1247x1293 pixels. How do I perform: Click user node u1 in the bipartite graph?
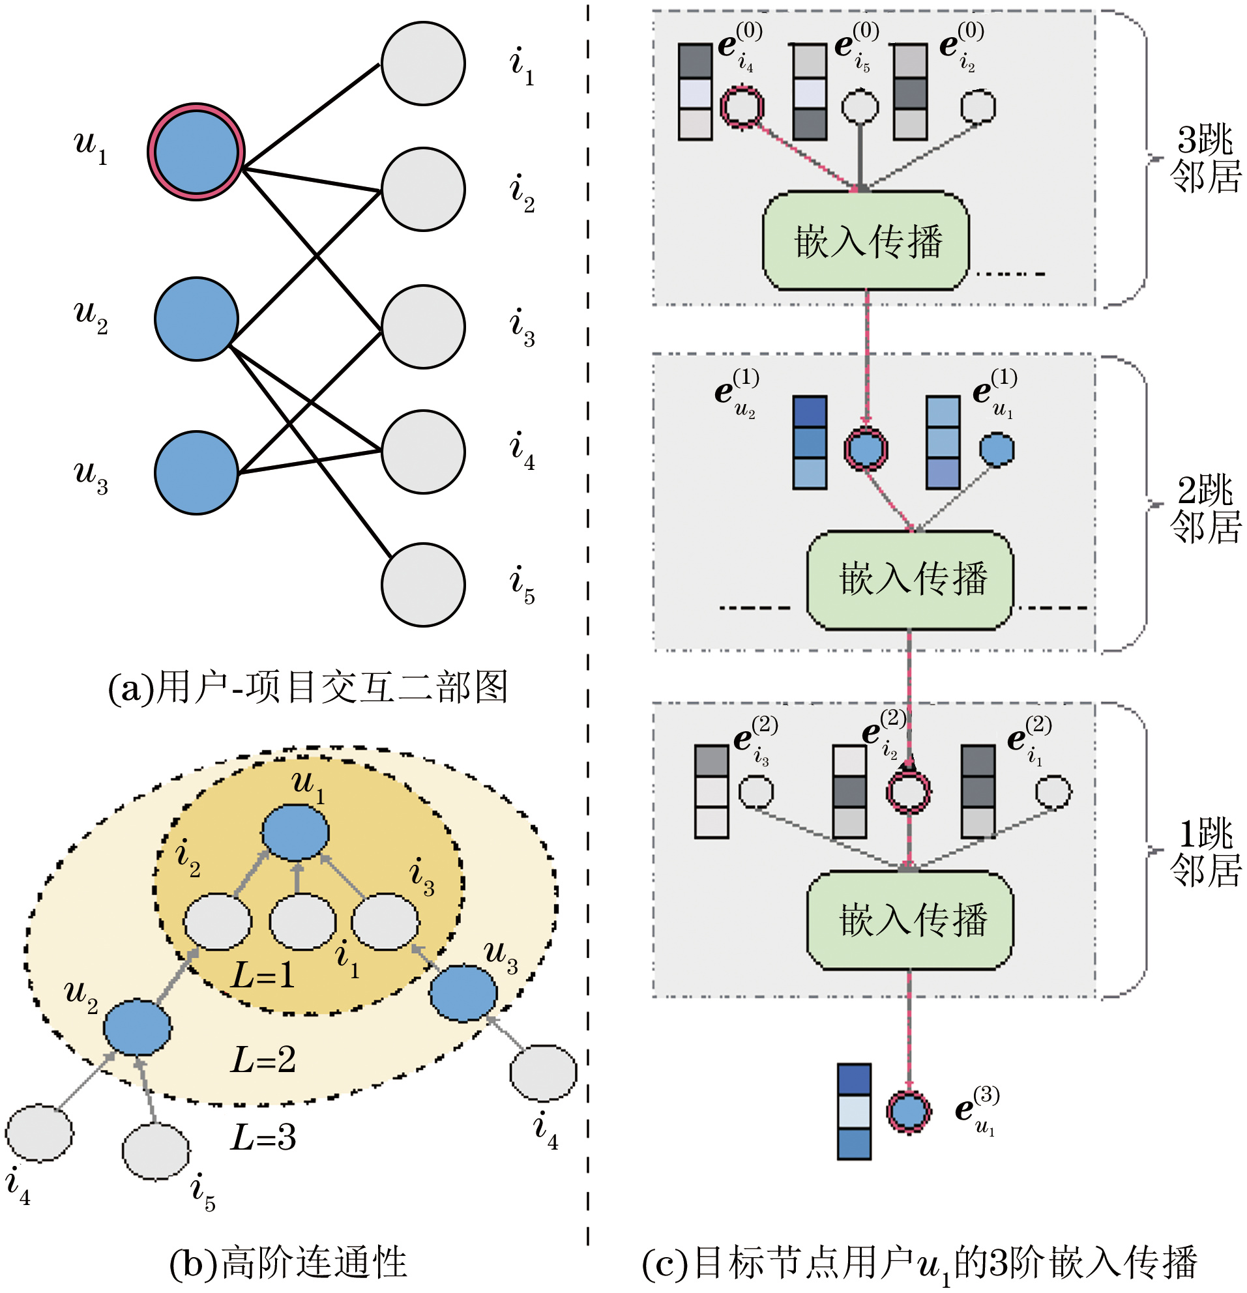[196, 152]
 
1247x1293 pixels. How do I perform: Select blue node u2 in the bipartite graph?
[196, 319]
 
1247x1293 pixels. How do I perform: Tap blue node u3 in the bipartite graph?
[196, 472]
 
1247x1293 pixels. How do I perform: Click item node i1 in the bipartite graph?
[423, 63]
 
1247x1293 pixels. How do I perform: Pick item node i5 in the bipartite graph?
[423, 585]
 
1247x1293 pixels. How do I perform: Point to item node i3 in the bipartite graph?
[423, 327]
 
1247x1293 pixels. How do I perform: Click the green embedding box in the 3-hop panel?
[865, 240]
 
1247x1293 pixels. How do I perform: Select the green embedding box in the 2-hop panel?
[910, 580]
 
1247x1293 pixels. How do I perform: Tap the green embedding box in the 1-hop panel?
[910, 920]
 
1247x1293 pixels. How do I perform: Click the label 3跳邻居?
[1205, 158]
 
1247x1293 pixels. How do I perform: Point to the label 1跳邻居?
[1205, 852]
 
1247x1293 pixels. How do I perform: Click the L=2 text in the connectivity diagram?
[263, 1060]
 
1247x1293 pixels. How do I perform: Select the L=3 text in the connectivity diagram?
[263, 1137]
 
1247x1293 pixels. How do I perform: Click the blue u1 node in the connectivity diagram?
[295, 832]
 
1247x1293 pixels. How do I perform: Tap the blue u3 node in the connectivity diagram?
[463, 993]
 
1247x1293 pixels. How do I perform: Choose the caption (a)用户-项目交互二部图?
[308, 687]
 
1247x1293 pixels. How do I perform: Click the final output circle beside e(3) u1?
[909, 1112]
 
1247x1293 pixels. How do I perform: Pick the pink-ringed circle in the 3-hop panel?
[742, 106]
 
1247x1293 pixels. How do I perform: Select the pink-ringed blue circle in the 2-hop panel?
[866, 449]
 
